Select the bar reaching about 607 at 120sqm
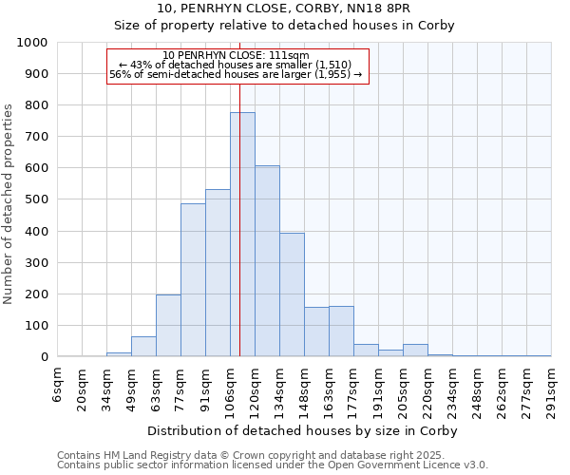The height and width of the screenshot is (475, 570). coord(267,261)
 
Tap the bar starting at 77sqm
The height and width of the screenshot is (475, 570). coord(193,280)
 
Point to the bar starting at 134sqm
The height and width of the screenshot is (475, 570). coord(292,294)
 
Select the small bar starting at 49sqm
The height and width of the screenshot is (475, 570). coord(143,347)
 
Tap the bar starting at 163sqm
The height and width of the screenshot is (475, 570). coord(341,332)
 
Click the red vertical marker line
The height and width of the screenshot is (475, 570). coord(240,190)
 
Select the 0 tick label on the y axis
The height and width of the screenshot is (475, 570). coord(44,357)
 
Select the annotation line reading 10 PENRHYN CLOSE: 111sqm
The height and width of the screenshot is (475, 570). coord(236,56)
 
